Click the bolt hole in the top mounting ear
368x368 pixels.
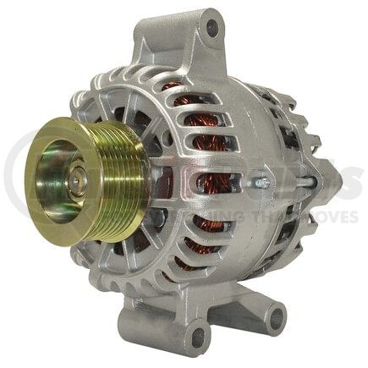pyautogui.click(x=212, y=28)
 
